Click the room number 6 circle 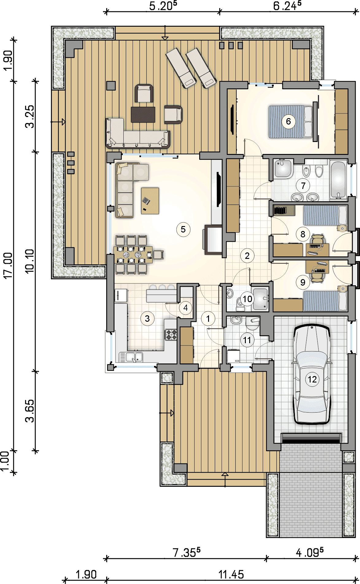[x=288, y=121]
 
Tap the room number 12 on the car [x=312, y=379]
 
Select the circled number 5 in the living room [x=183, y=229]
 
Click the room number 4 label [x=185, y=307]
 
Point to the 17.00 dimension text [x=8, y=265]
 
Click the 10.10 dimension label [x=29, y=261]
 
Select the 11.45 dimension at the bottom [x=231, y=574]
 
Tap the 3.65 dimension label [x=30, y=411]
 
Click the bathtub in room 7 [x=339, y=179]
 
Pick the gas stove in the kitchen [x=171, y=335]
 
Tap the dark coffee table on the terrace [x=143, y=114]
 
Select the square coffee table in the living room [x=150, y=201]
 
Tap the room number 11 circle [x=247, y=340]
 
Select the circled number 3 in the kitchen [x=147, y=318]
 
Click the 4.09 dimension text [x=310, y=552]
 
